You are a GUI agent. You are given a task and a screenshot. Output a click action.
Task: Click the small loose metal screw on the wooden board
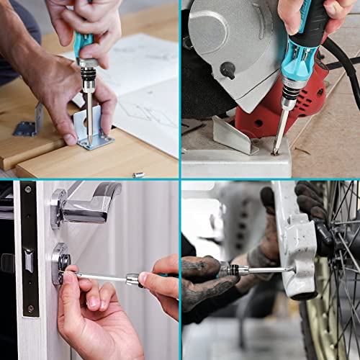(138, 174)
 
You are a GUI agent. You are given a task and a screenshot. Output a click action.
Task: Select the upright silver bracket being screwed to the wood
(94, 130)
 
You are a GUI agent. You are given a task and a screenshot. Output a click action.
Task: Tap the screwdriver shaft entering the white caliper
(270, 270)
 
